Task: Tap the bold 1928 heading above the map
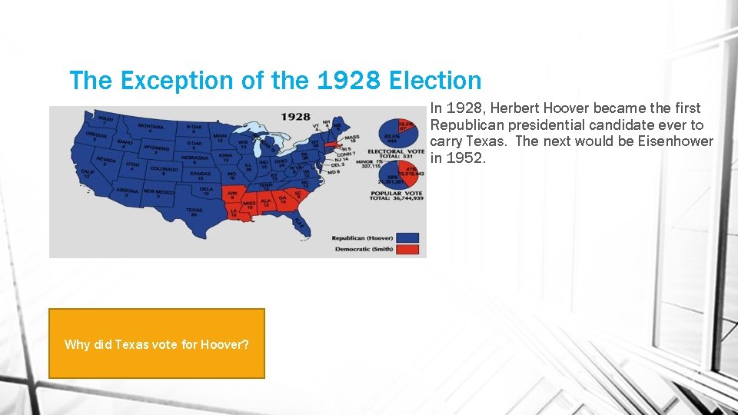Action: click(294, 117)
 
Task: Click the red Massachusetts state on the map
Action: click(332, 144)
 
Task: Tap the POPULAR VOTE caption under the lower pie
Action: click(390, 193)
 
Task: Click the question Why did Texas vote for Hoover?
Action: click(157, 344)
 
